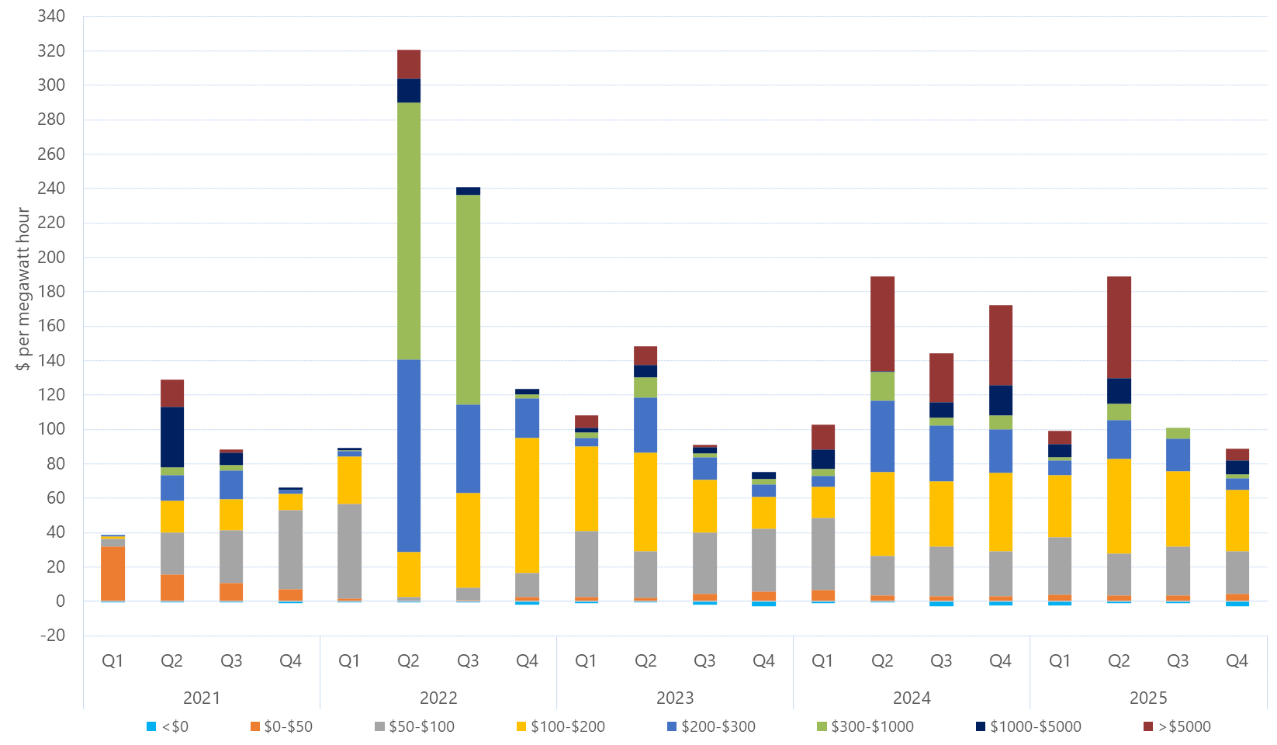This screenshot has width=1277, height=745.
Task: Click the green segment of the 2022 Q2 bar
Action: pyautogui.click(x=409, y=230)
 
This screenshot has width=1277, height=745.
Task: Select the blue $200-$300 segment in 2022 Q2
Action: pyautogui.click(x=409, y=456)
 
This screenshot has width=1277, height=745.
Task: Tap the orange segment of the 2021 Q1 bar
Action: pyautogui.click(x=112, y=573)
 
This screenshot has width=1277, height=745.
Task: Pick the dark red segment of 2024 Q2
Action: pyautogui.click(x=882, y=324)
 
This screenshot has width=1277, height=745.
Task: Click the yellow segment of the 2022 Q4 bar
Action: pyautogui.click(x=528, y=505)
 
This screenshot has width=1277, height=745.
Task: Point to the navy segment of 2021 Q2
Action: pyautogui.click(x=172, y=437)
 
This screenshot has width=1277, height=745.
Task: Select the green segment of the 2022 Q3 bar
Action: pyautogui.click(x=468, y=300)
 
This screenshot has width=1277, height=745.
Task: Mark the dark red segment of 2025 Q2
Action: pyautogui.click(x=1119, y=327)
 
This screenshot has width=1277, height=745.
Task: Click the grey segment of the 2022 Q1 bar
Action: pyautogui.click(x=349, y=551)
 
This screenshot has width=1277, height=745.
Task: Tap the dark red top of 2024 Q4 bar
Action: pyautogui.click(x=1001, y=345)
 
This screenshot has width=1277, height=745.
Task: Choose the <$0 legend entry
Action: pyautogui.click(x=168, y=726)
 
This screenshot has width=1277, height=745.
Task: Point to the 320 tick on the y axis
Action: pyautogui.click(x=51, y=50)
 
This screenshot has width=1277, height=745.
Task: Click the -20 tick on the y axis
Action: pyautogui.click(x=51, y=635)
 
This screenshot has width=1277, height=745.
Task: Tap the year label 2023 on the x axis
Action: pyautogui.click(x=675, y=697)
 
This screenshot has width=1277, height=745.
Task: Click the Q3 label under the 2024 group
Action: pyautogui.click(x=941, y=660)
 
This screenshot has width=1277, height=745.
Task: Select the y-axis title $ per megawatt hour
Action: pyautogui.click(x=23, y=289)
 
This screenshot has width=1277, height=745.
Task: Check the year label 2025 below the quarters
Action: pyautogui.click(x=1148, y=697)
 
